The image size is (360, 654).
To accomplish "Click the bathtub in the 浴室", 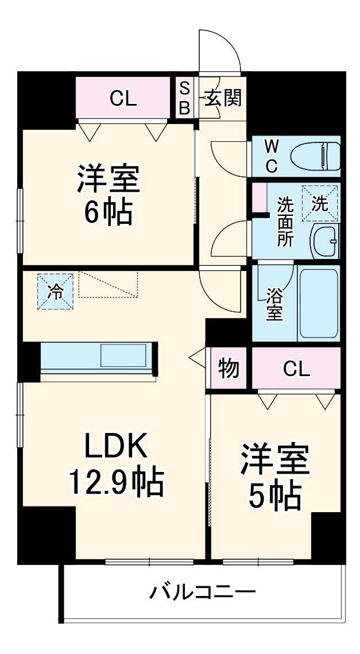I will point(319,302).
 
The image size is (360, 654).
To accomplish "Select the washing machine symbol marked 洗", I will point(320,202).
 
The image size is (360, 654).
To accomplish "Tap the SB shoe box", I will point(184,98).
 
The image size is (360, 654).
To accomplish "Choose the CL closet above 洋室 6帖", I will point(125,99).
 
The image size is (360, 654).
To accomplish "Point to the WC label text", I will point(271,156).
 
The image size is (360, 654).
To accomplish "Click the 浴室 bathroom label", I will point(274,305).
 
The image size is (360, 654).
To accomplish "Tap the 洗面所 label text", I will point(285,221).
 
